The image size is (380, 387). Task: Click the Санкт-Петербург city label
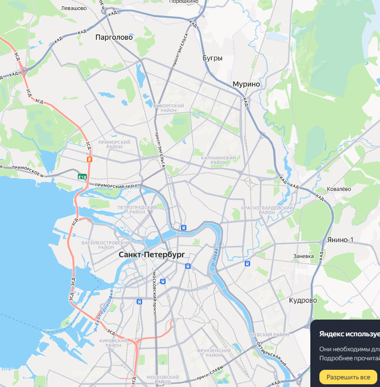(152, 255)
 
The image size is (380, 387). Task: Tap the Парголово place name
(114, 38)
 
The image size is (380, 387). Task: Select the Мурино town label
(246, 84)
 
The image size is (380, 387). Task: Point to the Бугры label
(213, 58)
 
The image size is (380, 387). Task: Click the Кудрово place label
(303, 300)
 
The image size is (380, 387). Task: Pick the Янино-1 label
(340, 239)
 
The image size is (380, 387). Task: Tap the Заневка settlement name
(304, 256)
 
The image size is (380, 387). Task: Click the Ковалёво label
(339, 189)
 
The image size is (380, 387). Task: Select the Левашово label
(74, 8)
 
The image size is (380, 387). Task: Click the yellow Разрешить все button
(348, 377)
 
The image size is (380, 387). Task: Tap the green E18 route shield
(82, 177)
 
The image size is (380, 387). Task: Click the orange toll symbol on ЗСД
(90, 159)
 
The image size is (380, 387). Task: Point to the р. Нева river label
(216, 256)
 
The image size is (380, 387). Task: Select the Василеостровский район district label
(106, 245)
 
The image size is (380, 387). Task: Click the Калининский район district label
(218, 160)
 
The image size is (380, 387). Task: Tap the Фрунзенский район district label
(214, 353)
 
